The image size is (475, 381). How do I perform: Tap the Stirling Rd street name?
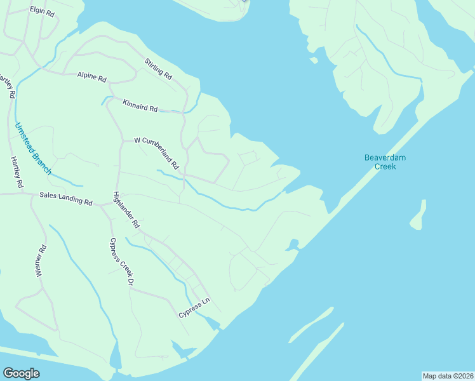pyautogui.click(x=158, y=69)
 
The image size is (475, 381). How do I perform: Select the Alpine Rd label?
pyautogui.click(x=92, y=76)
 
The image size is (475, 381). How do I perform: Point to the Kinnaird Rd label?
pyautogui.click(x=140, y=105)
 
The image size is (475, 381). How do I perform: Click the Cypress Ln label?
pyautogui.click(x=194, y=307)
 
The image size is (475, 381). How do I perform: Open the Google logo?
pyautogui.click(x=21, y=373)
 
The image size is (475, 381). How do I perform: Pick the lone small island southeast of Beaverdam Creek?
pyautogui.click(x=418, y=216)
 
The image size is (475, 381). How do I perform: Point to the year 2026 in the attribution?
pyautogui.click(x=464, y=375)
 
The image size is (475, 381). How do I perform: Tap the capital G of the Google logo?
pyautogui.click(x=8, y=373)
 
